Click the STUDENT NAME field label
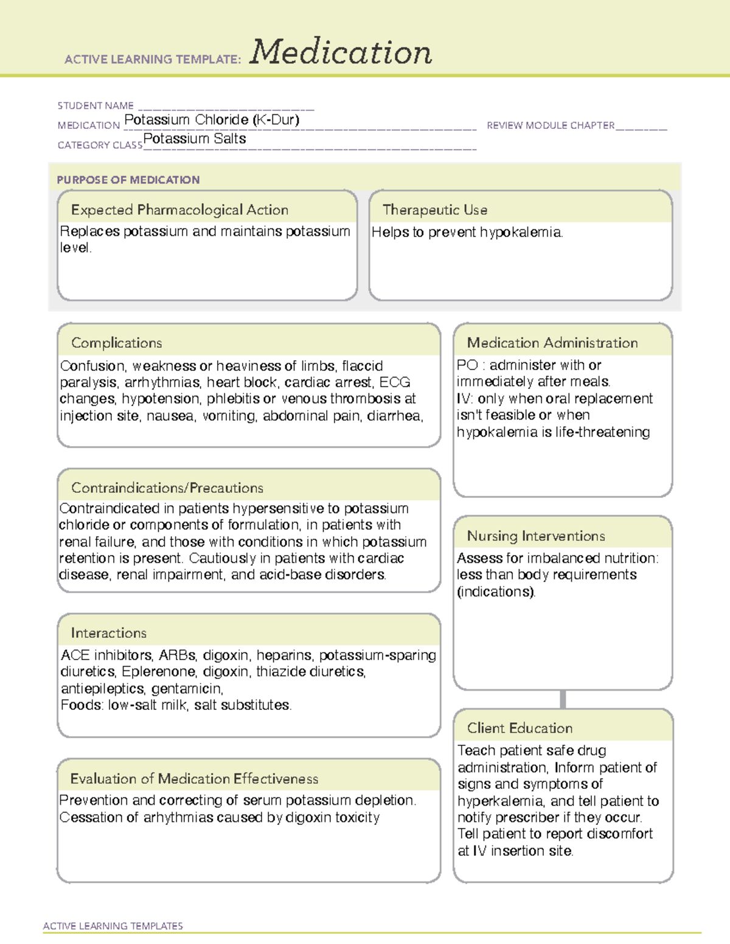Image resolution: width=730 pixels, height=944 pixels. [96, 106]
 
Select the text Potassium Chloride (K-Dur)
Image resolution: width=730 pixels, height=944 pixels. [212, 120]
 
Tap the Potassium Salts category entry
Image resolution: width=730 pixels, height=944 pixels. [195, 139]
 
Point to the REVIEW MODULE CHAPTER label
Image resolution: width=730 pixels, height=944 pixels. [551, 126]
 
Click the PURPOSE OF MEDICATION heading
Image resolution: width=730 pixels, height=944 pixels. [128, 180]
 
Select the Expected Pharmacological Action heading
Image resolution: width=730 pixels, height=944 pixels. [179, 210]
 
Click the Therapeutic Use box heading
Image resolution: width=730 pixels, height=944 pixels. [435, 210]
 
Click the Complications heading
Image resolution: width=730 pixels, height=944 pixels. [117, 343]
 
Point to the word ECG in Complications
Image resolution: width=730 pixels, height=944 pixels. [395, 382]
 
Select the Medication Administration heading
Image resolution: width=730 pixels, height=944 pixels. [552, 343]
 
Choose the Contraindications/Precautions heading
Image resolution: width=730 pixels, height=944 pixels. [167, 488]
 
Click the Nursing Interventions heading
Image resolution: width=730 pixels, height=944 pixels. [536, 536]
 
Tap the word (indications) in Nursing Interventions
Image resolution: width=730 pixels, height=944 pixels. [496, 591]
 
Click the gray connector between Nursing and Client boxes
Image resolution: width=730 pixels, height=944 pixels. [563, 699]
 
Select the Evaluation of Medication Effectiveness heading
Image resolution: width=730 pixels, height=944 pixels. [194, 779]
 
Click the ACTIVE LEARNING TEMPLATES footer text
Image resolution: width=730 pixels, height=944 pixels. [113, 926]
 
